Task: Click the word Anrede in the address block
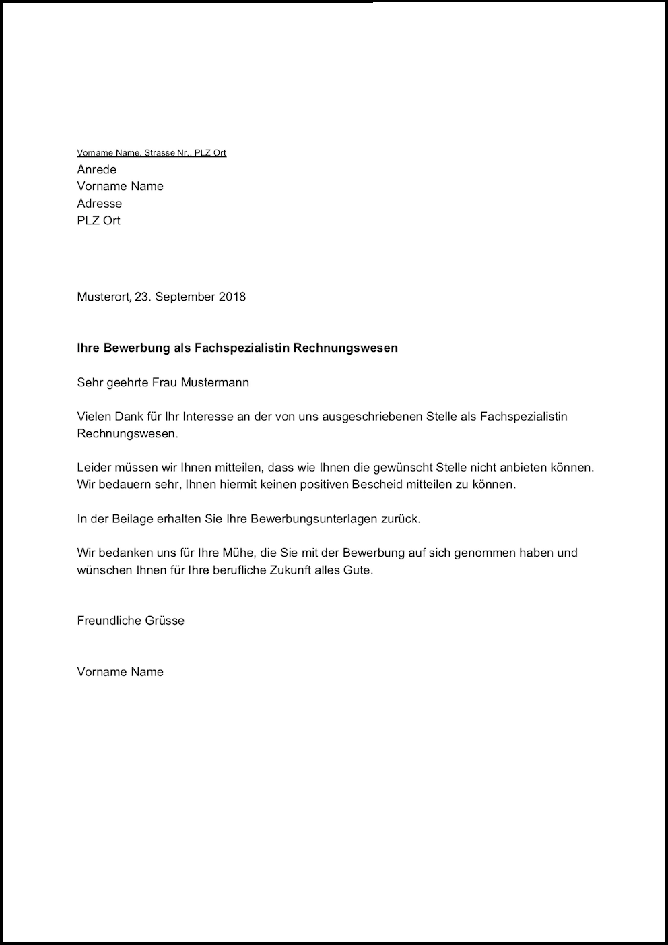(97, 169)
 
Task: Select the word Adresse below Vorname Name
(100, 204)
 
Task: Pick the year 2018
(232, 297)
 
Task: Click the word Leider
(93, 467)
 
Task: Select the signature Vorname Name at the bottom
(121, 672)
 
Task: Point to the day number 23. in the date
(143, 297)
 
